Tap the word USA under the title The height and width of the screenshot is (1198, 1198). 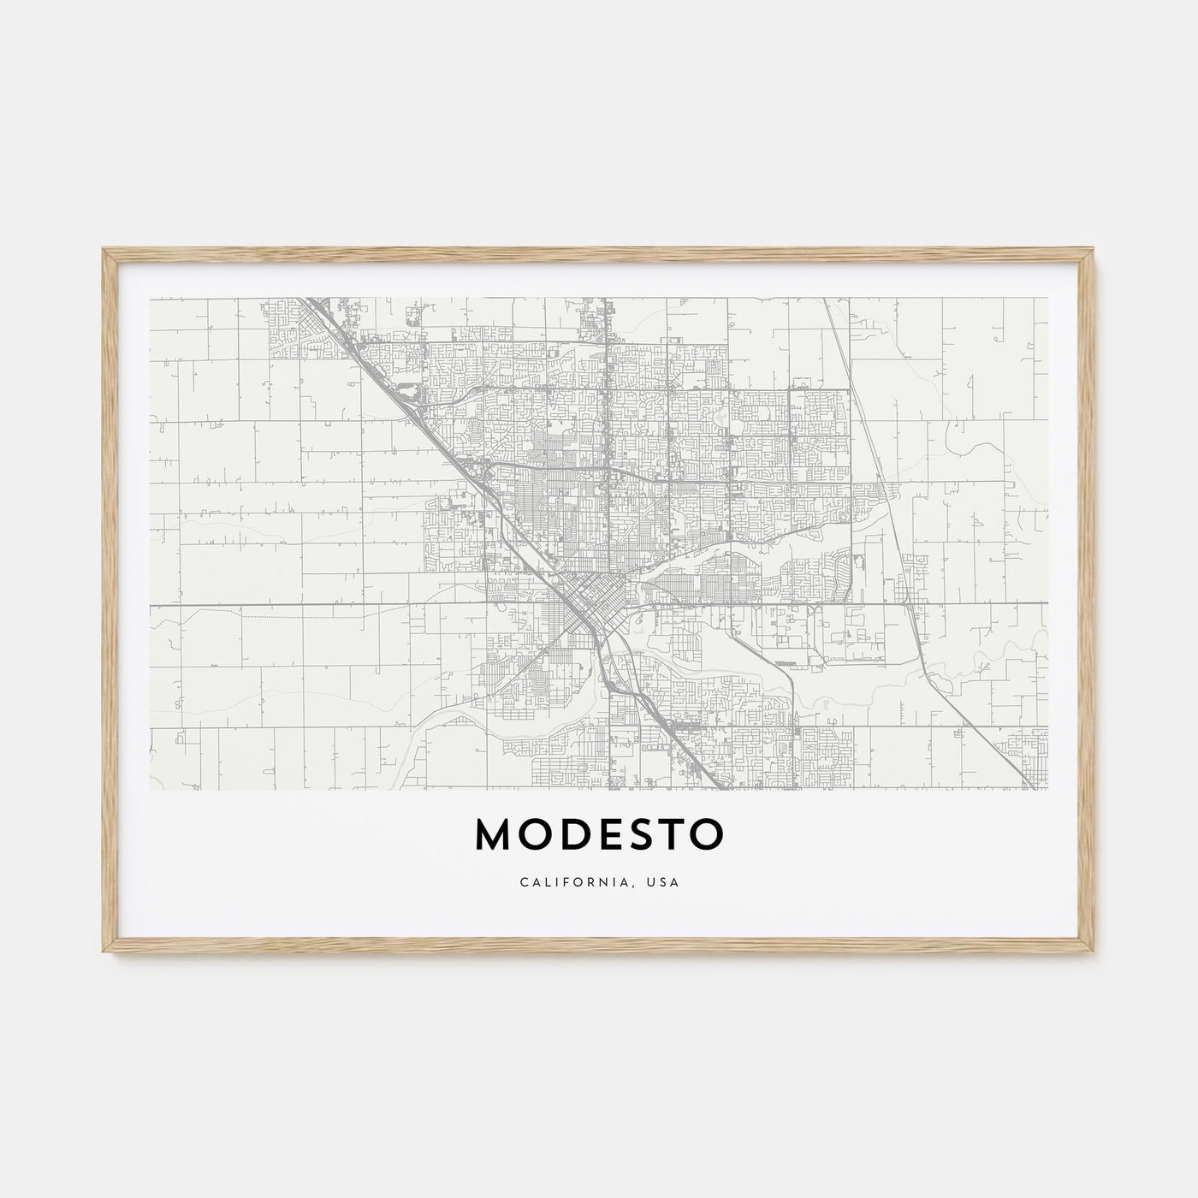click(x=665, y=881)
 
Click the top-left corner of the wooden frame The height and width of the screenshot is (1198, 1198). click(x=104, y=249)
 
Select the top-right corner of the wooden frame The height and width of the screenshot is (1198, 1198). click(x=1095, y=249)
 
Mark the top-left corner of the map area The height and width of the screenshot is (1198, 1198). click(x=150, y=298)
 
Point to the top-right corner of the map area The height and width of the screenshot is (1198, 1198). click(x=1047, y=298)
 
